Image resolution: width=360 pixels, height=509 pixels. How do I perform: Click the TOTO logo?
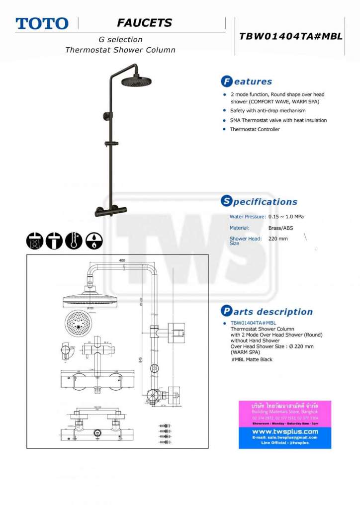(42, 23)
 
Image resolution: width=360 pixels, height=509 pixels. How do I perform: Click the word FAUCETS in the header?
(144, 23)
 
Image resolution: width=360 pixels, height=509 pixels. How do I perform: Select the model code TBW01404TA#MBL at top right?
(291, 36)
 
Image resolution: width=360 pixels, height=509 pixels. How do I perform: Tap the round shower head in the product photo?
(136, 81)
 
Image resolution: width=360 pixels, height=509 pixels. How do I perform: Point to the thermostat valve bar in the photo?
(111, 211)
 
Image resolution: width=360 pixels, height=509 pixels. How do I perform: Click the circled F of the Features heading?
(226, 81)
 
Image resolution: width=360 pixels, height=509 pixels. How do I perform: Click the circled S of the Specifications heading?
(226, 201)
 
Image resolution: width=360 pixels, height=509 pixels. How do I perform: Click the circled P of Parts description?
(226, 312)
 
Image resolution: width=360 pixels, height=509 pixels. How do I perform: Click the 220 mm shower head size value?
(278, 239)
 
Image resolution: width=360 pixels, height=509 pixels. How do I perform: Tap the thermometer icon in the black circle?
(74, 241)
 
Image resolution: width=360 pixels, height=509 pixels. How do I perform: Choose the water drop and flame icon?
(94, 241)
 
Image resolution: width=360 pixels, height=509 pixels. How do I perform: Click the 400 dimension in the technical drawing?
(122, 260)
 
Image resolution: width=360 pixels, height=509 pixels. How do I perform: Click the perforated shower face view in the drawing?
(78, 322)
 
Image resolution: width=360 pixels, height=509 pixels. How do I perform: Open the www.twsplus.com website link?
(284, 431)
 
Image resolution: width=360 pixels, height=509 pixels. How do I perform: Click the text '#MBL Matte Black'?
(252, 359)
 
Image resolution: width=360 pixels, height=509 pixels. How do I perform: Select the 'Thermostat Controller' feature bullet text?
(255, 129)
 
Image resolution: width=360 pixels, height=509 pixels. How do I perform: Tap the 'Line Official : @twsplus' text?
(284, 442)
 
